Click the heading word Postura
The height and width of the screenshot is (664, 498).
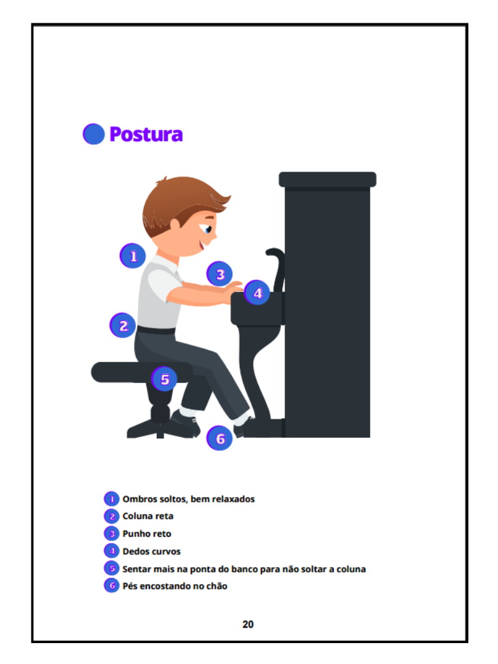[x=146, y=134]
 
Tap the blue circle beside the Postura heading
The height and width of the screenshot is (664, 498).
[x=93, y=134]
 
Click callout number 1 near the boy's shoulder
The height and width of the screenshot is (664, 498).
[x=133, y=256]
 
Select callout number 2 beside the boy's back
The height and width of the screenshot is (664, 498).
[x=123, y=325]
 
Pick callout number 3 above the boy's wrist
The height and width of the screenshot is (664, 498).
[x=219, y=274]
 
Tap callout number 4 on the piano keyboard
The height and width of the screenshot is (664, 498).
[x=257, y=293]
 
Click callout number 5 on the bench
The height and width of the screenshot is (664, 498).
[x=164, y=379]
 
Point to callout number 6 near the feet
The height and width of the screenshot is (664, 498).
[x=219, y=438]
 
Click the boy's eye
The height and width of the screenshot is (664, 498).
[x=208, y=229]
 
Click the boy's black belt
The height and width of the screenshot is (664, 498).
[x=156, y=330]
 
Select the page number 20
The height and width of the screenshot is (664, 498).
[x=248, y=624]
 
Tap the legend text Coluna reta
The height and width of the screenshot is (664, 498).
[x=148, y=516]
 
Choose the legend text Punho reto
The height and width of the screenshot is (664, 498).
[x=147, y=534]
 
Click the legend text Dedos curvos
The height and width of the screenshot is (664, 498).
[x=152, y=551]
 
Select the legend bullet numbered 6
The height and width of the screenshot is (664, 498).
[x=112, y=586]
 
